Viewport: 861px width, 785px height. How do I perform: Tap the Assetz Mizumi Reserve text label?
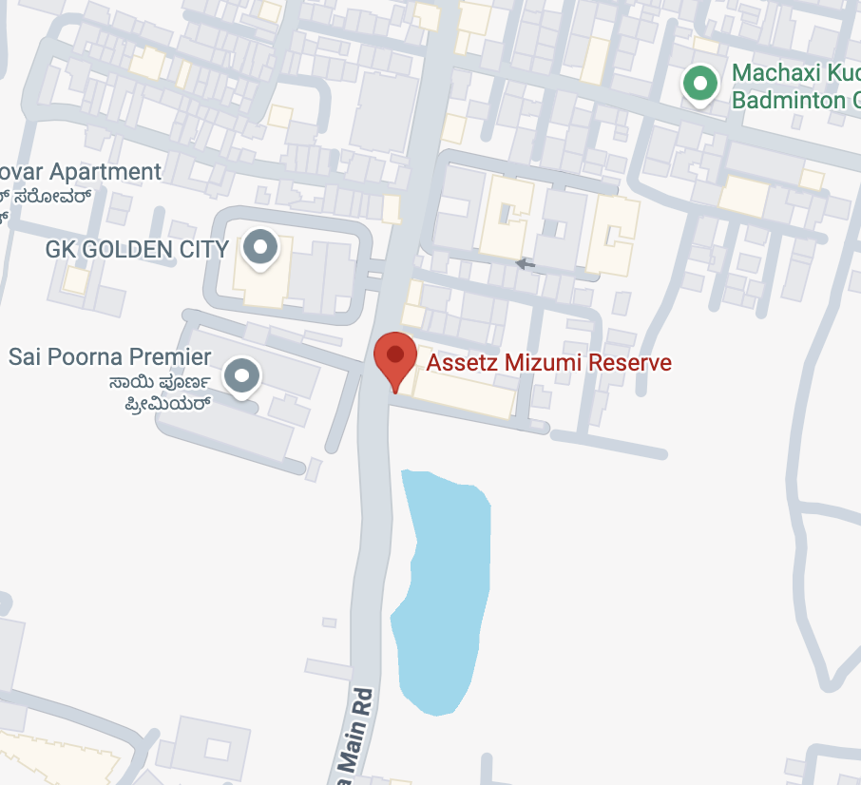pyautogui.click(x=548, y=362)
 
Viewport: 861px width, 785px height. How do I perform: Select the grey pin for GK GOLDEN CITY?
pyautogui.click(x=259, y=248)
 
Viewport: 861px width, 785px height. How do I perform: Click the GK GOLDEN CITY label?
pyautogui.click(x=137, y=250)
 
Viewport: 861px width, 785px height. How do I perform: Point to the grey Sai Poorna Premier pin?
pyautogui.click(x=242, y=375)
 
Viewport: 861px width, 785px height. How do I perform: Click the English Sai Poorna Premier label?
pyautogui.click(x=109, y=357)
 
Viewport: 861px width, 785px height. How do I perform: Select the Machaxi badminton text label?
pyautogui.click(x=794, y=86)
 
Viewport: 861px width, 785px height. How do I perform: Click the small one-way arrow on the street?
pyautogui.click(x=525, y=262)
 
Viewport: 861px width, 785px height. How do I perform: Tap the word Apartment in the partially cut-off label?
pyautogui.click(x=105, y=172)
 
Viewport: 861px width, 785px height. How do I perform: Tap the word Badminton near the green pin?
pyautogui.click(x=789, y=100)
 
